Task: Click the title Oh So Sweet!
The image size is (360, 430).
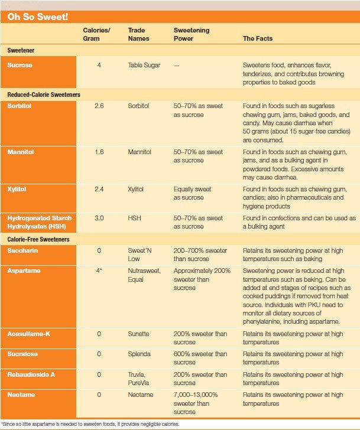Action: point(37,17)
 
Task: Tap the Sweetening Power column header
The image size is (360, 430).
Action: point(192,34)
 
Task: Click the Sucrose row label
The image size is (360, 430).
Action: point(20,65)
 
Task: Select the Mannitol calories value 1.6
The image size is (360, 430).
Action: point(99,152)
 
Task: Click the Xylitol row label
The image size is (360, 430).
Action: point(17,190)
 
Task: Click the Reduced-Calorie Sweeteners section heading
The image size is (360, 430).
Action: point(44,95)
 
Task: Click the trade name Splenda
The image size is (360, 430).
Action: point(140,354)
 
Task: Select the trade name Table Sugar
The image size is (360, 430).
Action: point(144,65)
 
